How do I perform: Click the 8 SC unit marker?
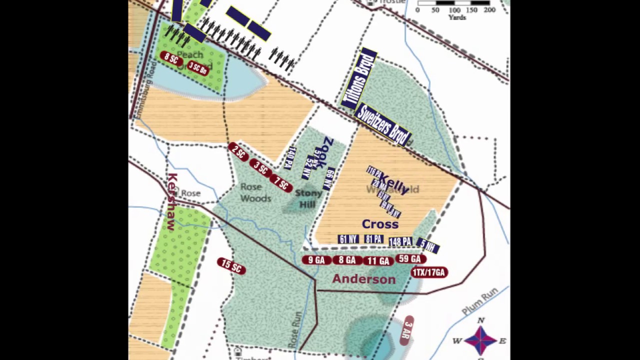[x=171, y=58]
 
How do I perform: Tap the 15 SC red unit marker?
[x=231, y=266]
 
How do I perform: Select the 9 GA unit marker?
[x=316, y=260]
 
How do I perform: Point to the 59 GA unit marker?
[x=410, y=258]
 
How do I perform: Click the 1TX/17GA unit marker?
[x=429, y=272]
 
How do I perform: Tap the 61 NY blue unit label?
[x=348, y=239]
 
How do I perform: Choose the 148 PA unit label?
[x=400, y=242]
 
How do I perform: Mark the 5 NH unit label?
[x=428, y=245]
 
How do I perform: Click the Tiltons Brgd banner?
[x=358, y=79]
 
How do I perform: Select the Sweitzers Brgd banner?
[x=383, y=125]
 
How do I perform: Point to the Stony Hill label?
[x=308, y=198]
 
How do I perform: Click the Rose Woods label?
[x=255, y=192]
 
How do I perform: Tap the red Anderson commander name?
[x=363, y=279]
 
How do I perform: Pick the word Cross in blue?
[x=380, y=224]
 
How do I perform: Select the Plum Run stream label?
[x=480, y=301]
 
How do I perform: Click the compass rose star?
[x=480, y=340]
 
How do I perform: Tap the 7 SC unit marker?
[x=281, y=183]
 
